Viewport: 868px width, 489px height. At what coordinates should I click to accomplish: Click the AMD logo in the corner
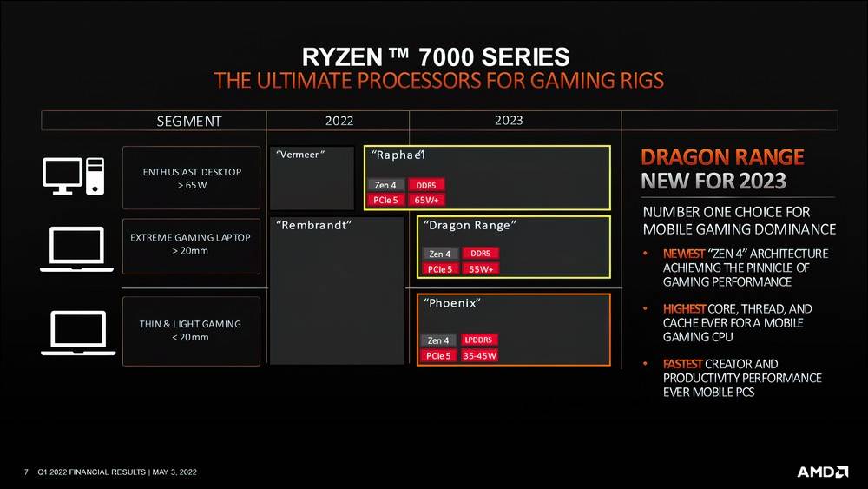[822, 472]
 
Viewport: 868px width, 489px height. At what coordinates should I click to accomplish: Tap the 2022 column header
[339, 121]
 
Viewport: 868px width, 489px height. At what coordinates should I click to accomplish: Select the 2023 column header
[509, 120]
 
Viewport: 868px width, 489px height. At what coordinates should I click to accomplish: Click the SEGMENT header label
[189, 121]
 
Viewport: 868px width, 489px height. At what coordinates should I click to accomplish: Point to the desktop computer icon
[74, 175]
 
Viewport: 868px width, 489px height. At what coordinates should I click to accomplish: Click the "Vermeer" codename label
[299, 155]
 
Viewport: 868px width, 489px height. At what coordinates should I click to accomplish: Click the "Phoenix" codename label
[452, 304]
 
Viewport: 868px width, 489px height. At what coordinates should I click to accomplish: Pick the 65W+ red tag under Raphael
[427, 200]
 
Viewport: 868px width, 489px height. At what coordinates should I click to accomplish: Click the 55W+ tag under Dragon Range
[481, 269]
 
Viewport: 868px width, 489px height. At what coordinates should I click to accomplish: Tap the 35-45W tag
[480, 356]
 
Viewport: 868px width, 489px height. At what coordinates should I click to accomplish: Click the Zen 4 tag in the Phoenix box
[438, 340]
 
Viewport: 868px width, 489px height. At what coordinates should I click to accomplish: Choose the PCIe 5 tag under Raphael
[385, 200]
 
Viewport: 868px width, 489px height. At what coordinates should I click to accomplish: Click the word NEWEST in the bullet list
[684, 254]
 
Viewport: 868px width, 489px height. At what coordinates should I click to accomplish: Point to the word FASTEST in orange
[684, 364]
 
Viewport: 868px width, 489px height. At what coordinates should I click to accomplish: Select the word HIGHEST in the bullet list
[684, 309]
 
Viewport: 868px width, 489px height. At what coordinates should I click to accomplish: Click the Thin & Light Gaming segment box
[191, 330]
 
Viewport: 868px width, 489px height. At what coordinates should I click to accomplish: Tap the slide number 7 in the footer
[26, 472]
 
